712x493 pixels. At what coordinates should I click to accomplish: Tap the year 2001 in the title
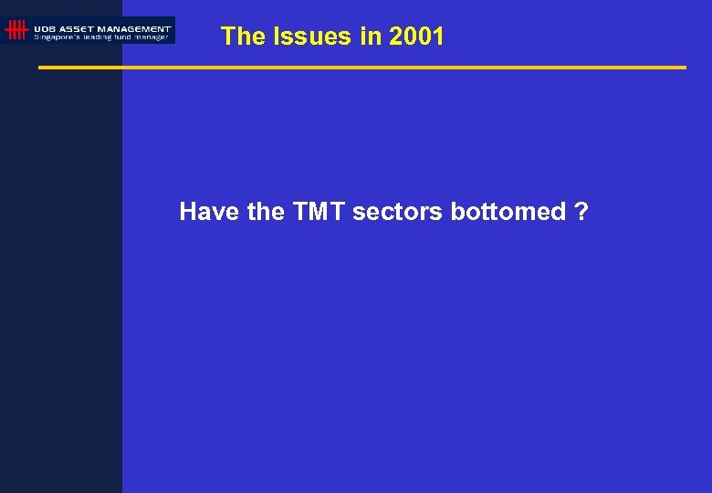point(416,37)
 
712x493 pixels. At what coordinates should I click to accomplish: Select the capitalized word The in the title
point(242,37)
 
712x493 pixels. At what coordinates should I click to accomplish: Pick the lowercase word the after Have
point(266,212)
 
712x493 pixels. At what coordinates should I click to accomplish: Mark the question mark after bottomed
point(581,212)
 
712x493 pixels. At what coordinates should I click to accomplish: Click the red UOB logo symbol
point(16,30)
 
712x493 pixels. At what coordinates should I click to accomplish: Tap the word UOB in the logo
point(45,28)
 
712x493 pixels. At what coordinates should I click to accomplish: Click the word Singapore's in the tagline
point(56,37)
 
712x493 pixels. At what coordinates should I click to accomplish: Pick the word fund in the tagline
point(125,37)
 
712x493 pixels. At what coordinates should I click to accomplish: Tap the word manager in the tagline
point(152,37)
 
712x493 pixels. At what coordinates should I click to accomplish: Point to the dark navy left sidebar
point(60,274)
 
